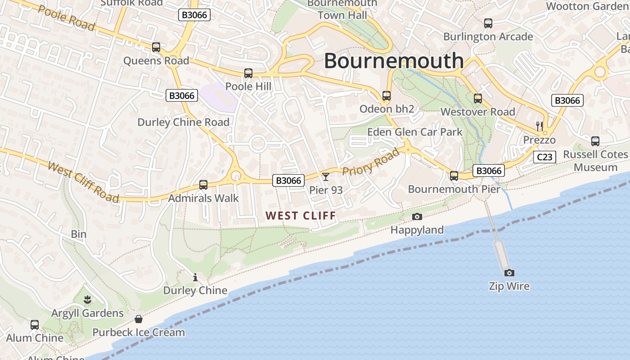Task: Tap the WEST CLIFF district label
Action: [301, 216]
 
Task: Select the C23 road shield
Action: [544, 157]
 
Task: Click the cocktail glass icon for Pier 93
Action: [326, 176]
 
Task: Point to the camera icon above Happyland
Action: [417, 217]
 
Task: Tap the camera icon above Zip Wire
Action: [509, 273]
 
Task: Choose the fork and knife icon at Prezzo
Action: [540, 126]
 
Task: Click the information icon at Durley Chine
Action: [195, 278]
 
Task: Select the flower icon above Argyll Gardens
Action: [87, 299]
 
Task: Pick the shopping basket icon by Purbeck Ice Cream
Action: [139, 319]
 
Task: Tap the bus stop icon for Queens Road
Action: [156, 47]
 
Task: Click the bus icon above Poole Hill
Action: [248, 73]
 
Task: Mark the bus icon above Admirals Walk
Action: [203, 184]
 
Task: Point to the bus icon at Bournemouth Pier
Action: [454, 175]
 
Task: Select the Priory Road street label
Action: [371, 162]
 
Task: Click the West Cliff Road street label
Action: [83, 182]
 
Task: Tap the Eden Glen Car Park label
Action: [415, 132]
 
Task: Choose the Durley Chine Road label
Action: [183, 122]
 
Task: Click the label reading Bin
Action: [79, 234]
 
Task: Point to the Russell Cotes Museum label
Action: [596, 161]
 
